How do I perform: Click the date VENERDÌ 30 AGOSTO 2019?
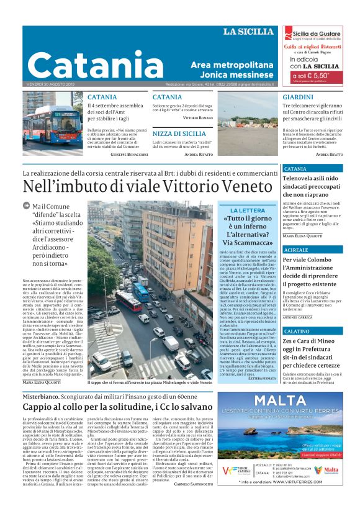50,84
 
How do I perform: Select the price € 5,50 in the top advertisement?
313,75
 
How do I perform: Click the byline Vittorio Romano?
198,117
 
